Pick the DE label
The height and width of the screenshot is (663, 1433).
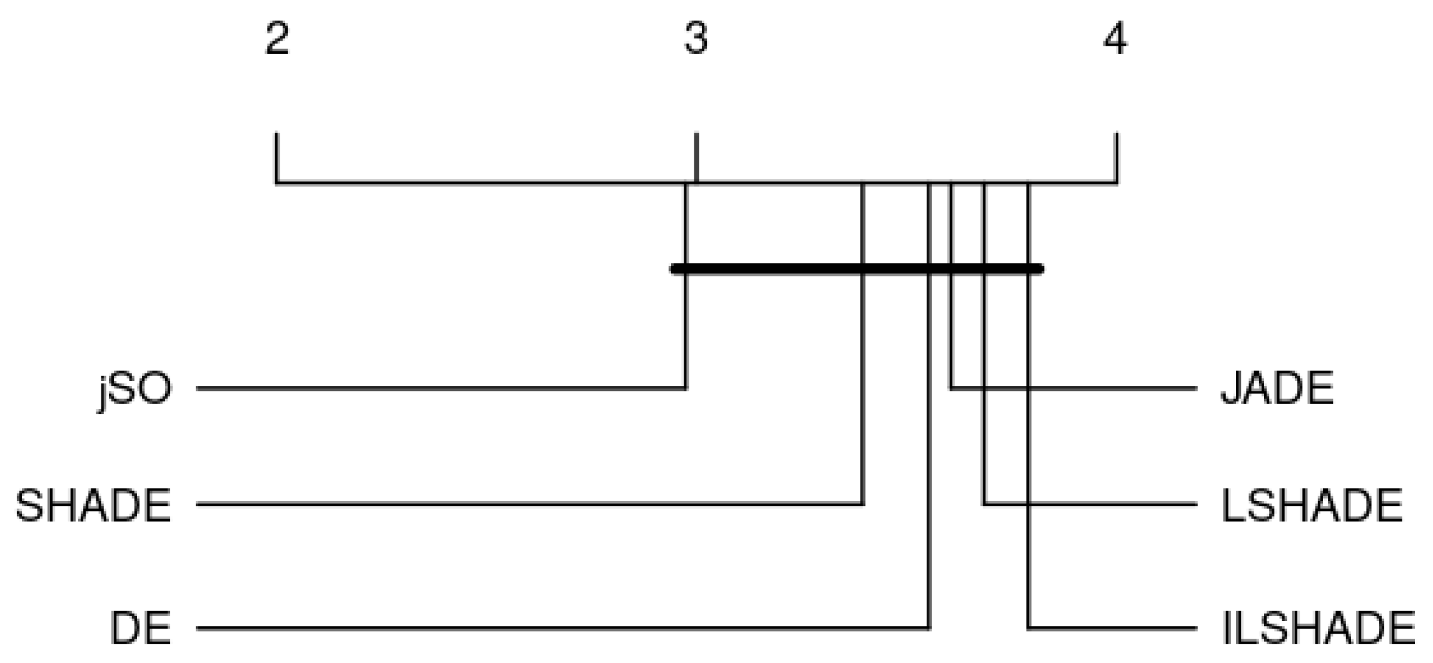coord(141,628)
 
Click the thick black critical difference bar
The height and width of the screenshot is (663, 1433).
coord(857,269)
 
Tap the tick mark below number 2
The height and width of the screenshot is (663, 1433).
coord(276,158)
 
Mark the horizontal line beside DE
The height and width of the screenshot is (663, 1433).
coord(563,628)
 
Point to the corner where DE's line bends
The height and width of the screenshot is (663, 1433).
coord(929,628)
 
